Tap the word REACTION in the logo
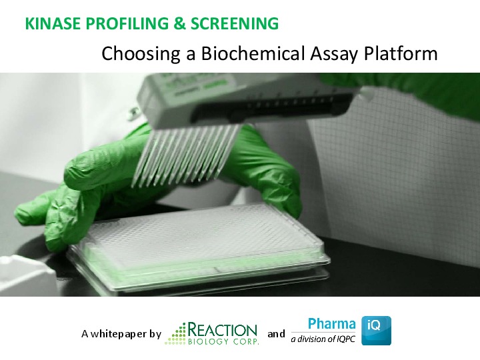223,329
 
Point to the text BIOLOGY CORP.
223,341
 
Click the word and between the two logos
276,333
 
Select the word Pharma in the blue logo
331,325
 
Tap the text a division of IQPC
323,339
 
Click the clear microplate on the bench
200,247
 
